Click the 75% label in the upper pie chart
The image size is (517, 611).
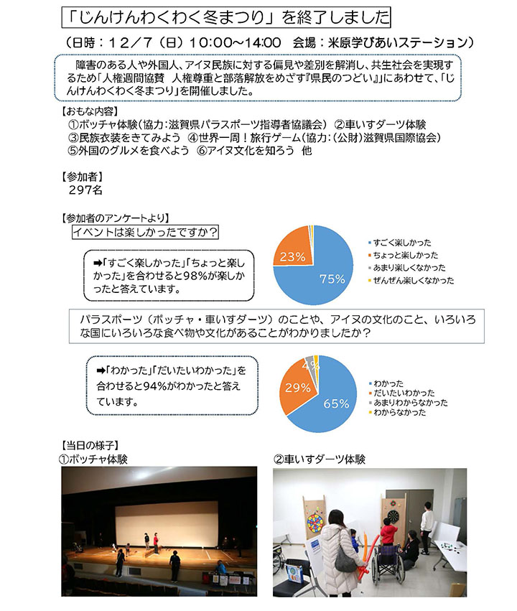click(x=332, y=279)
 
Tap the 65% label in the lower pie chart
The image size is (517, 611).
click(x=335, y=404)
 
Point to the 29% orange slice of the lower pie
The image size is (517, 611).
click(x=298, y=388)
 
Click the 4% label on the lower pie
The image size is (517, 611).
click(x=307, y=365)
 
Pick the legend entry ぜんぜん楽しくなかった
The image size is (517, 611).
click(x=412, y=281)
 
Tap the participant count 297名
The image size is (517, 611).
click(x=86, y=190)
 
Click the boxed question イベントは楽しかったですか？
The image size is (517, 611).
click(x=146, y=232)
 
